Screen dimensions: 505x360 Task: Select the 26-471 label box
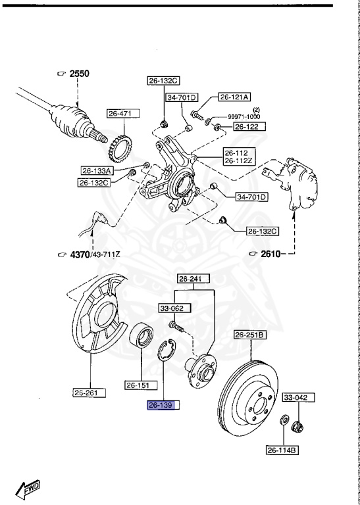tap(120, 114)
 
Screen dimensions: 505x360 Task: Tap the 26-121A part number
tap(234, 97)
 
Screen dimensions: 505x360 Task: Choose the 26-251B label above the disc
tap(250, 335)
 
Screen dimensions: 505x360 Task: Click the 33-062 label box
tap(170, 307)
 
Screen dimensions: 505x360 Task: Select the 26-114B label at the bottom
tap(282, 450)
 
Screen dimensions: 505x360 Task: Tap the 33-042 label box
tap(298, 398)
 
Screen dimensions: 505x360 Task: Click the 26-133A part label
tap(97, 170)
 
